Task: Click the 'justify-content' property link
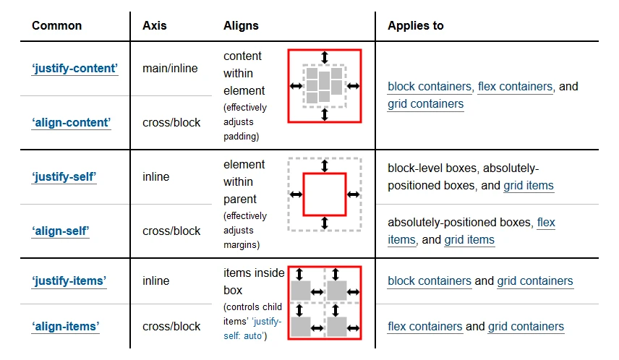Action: click(x=74, y=69)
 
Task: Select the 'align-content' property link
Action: click(x=72, y=123)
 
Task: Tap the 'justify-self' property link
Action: click(x=64, y=177)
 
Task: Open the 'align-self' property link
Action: click(x=61, y=231)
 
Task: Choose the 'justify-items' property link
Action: click(x=69, y=281)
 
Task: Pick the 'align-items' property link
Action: click(x=66, y=327)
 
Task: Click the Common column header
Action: click(x=56, y=25)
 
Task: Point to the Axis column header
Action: click(x=155, y=25)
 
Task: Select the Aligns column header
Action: click(x=241, y=25)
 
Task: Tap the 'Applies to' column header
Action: click(x=416, y=25)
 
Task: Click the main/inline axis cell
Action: click(x=170, y=69)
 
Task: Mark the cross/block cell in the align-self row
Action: click(x=171, y=231)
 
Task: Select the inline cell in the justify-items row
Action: click(x=156, y=281)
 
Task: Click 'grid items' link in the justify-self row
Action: click(x=529, y=186)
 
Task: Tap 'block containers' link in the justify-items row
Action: click(x=430, y=281)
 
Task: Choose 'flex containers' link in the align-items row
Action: click(x=425, y=327)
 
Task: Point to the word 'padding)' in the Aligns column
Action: click(x=241, y=137)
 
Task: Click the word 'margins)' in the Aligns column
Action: click(x=242, y=245)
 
